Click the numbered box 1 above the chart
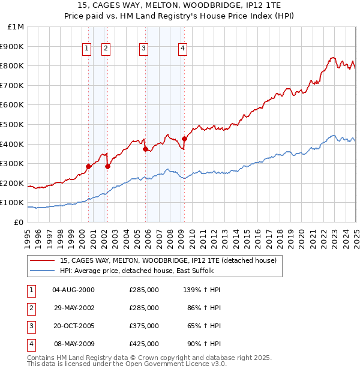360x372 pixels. click(87, 49)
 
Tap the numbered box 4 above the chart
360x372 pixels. click(182, 49)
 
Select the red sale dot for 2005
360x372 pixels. click(145, 149)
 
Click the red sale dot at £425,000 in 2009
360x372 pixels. click(184, 139)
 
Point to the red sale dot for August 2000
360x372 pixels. click(88, 166)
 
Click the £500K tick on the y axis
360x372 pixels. click(13, 124)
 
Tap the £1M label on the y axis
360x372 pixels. click(16, 27)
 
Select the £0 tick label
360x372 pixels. click(19, 222)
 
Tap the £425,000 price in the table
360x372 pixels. click(144, 344)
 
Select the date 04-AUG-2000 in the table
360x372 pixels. click(73, 290)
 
